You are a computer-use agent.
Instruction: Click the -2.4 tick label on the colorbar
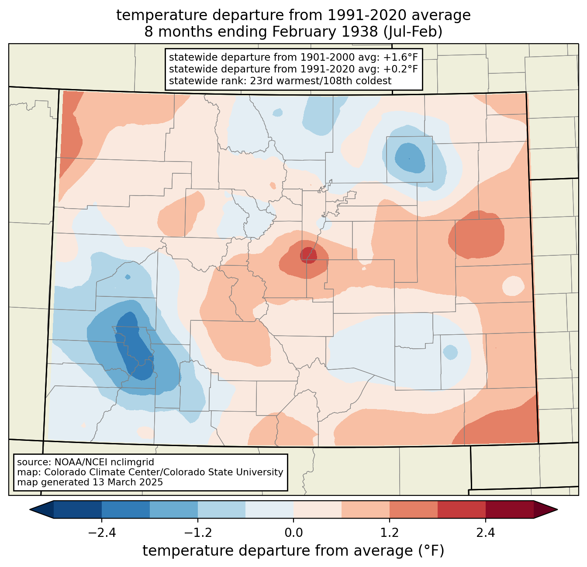[x=102, y=533]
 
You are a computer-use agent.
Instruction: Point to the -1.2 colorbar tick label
[x=198, y=533]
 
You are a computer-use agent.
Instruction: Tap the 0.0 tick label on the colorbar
[x=293, y=533]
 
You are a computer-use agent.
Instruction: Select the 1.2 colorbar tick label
[x=390, y=533]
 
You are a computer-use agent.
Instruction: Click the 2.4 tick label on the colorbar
[x=485, y=533]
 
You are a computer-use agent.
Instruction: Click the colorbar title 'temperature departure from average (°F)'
[x=293, y=550]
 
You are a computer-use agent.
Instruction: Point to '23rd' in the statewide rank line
[x=260, y=81]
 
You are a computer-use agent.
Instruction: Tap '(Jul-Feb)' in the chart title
[x=413, y=32]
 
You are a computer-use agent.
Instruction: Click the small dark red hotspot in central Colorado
[x=309, y=255]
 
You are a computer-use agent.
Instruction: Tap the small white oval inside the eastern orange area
[x=513, y=286]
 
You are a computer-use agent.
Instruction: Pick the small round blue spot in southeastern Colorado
[x=450, y=352]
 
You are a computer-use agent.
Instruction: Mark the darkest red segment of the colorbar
[x=510, y=510]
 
